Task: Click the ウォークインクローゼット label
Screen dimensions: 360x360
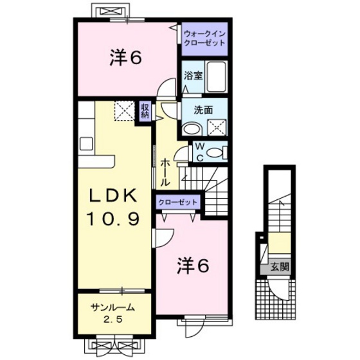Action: pos(204,39)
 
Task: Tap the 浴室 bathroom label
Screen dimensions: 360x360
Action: pos(193,75)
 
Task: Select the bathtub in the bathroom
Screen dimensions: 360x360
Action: pos(216,76)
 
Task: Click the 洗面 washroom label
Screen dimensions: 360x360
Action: pos(203,110)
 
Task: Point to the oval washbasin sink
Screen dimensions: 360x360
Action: pos(192,129)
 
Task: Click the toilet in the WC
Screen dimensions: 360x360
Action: pos(216,153)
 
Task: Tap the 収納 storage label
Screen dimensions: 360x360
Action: pos(145,111)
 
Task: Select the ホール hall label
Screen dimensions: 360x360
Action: pos(165,172)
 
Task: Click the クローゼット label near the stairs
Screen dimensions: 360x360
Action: pos(178,203)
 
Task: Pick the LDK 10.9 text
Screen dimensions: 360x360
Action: pos(113,207)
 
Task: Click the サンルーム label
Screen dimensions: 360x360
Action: pos(113,307)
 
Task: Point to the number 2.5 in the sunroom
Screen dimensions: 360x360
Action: pos(113,319)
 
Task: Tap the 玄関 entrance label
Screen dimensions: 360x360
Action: pos(280,267)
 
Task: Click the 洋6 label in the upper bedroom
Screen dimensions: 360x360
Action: pos(125,57)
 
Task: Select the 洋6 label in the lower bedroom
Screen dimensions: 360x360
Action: pos(193,265)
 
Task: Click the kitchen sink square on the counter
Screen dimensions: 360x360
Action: pos(87,143)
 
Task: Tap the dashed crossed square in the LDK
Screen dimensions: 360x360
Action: pos(125,111)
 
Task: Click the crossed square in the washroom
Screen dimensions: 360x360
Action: pos(217,127)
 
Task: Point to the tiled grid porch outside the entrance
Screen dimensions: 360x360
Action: pos(275,299)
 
